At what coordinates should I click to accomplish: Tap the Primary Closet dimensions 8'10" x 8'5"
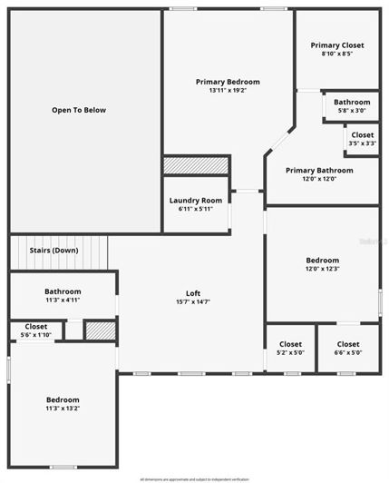coord(336,54)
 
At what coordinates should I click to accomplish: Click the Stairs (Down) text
coord(53,250)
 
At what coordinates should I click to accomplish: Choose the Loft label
coord(193,293)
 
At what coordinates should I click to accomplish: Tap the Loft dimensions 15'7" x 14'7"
coord(193,302)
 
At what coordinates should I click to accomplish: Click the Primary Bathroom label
coord(319,170)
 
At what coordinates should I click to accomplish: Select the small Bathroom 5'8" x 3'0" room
coord(351,106)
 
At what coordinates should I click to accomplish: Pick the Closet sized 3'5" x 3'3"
coord(362,139)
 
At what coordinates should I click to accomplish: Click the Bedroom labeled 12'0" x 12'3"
coord(322,263)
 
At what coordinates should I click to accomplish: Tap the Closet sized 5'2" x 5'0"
coord(290,348)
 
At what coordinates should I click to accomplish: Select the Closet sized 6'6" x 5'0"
coord(347,348)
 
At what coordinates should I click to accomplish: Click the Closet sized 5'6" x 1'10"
coord(36,330)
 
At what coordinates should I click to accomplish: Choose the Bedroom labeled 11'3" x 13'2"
coord(63,403)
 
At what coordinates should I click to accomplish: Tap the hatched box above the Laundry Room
coord(195,165)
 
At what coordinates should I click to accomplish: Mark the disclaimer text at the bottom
coord(194,478)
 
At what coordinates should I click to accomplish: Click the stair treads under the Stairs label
coord(58,261)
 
